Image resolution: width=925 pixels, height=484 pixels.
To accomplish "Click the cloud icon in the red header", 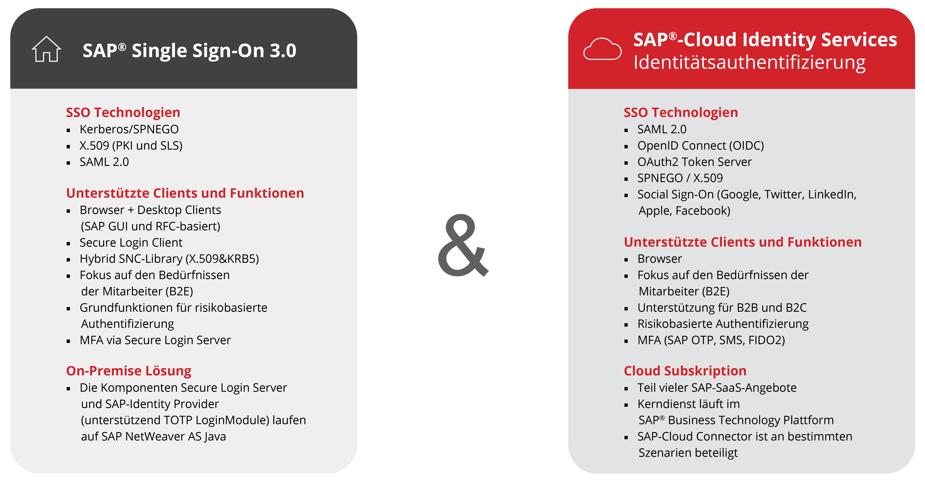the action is (602, 49).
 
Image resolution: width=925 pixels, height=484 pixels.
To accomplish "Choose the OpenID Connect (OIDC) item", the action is (701, 146).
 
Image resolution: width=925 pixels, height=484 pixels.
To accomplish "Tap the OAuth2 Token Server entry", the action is (694, 162).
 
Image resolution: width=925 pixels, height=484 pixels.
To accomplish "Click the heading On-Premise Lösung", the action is (129, 371).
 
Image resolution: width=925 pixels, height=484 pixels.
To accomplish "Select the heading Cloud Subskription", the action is (685, 371).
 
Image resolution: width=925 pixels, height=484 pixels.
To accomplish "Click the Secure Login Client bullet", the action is (131, 243).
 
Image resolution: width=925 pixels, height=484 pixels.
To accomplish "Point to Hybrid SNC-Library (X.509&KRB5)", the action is (169, 259).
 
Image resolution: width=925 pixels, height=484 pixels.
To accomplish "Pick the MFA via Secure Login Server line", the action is (155, 340).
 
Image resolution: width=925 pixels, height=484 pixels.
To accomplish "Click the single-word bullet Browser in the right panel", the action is (660, 259).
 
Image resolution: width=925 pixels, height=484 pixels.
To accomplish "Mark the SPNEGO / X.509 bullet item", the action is (680, 178).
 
